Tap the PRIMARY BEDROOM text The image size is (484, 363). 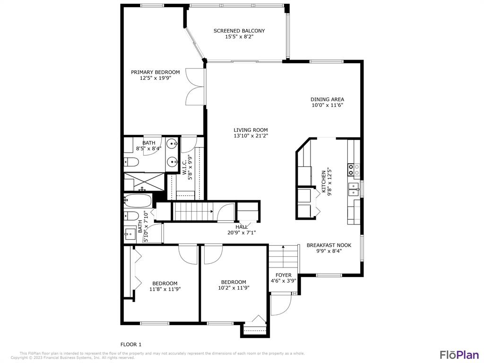[x=155, y=72]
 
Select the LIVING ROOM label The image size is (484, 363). [x=251, y=130]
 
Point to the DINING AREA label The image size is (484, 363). [x=327, y=99]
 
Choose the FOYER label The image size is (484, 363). [x=284, y=275]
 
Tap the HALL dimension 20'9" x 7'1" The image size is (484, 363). [x=242, y=233]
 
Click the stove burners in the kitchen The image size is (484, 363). [x=354, y=169]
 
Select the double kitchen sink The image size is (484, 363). [x=354, y=190]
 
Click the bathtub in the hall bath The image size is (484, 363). [x=138, y=200]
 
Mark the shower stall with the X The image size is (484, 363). [x=144, y=182]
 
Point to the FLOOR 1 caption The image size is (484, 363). [x=131, y=344]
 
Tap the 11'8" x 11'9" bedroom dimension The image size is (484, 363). [x=165, y=289]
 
